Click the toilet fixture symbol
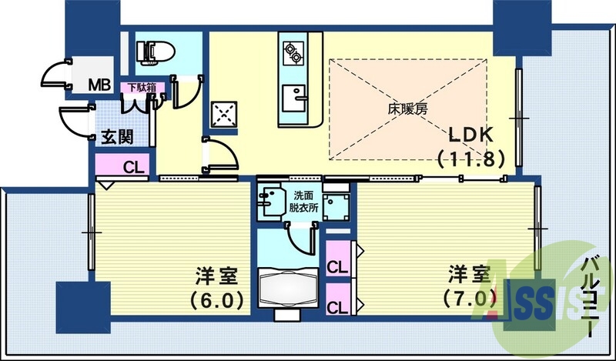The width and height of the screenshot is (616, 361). (x=153, y=52)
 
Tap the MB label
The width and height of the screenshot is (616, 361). (x=98, y=83)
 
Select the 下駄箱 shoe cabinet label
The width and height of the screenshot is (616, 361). (x=142, y=87)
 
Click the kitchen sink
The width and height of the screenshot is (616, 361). (x=293, y=97)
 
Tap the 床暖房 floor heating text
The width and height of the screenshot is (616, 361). (x=407, y=109)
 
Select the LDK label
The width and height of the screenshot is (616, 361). (x=471, y=133)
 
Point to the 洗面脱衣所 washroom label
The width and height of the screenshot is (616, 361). (x=303, y=202)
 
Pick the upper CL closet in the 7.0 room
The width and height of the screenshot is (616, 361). (x=336, y=267)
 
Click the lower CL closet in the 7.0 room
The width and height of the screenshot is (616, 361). (x=336, y=306)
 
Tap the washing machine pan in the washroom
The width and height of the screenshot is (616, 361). (x=336, y=205)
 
